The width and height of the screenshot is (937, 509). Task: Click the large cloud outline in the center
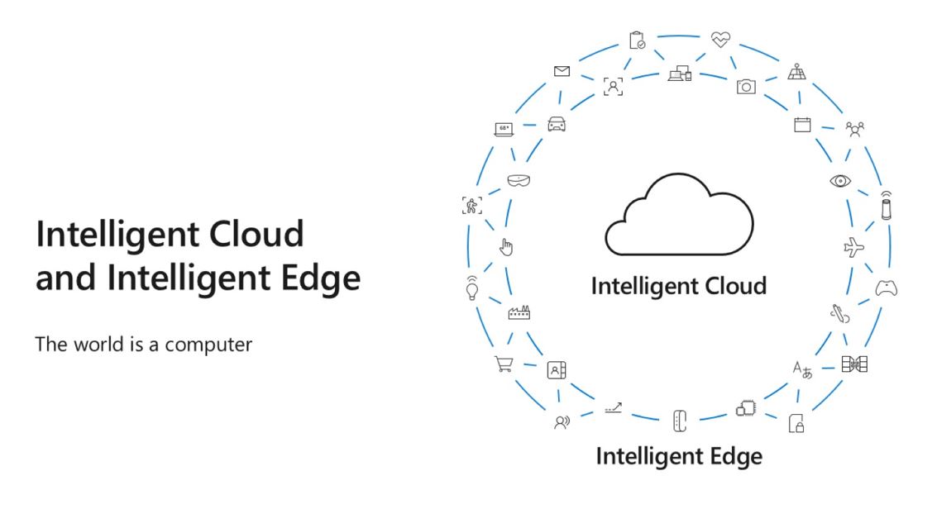679,217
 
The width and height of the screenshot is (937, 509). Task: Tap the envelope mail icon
562,72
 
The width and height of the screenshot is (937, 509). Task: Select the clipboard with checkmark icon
637,39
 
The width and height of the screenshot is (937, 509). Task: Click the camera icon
746,86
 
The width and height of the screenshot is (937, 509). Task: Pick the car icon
557,124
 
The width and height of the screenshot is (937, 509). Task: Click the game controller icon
887,288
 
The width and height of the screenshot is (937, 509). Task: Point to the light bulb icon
473,287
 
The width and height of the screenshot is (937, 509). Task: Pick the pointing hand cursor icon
508,246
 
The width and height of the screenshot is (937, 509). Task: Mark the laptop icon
503,128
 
